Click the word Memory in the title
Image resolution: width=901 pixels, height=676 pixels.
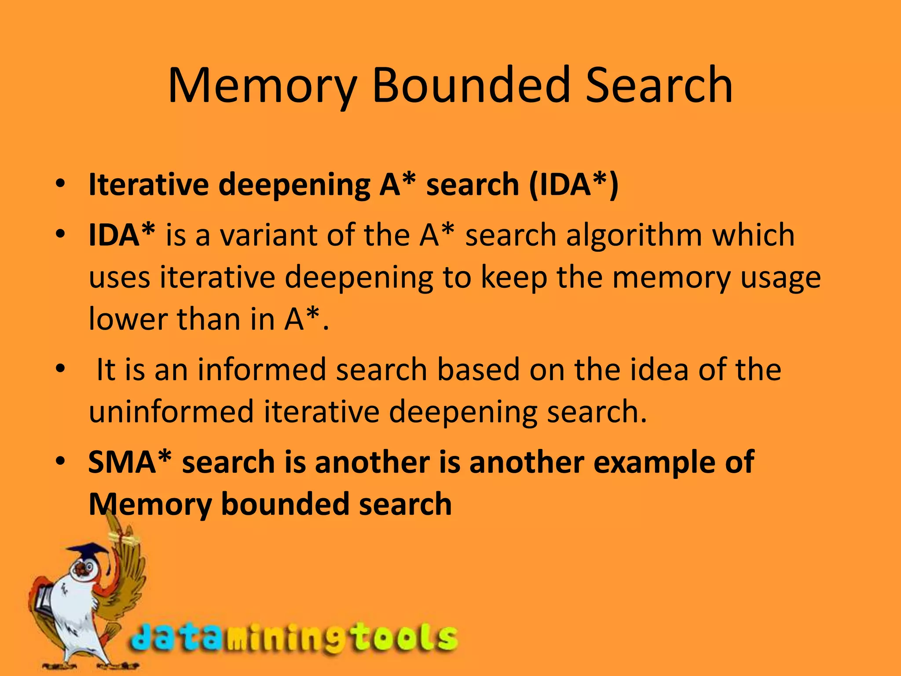262,86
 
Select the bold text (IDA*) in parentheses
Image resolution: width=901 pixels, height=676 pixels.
574,184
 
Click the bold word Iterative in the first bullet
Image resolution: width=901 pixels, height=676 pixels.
149,184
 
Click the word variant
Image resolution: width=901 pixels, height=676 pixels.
268,235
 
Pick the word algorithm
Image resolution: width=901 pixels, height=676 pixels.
634,235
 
